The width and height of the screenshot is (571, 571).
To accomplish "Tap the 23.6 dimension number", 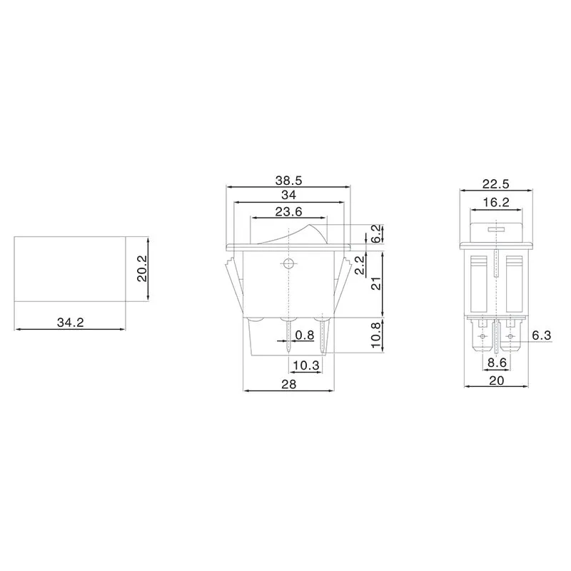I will (x=288, y=211).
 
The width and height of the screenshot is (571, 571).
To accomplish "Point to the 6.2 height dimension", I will (x=375, y=233).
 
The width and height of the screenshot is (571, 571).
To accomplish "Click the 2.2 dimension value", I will (x=362, y=266).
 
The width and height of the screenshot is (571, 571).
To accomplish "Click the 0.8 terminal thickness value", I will (x=305, y=335).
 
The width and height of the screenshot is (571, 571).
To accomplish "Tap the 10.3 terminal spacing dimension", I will (x=305, y=365).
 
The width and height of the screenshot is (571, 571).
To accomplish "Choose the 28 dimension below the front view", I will (x=288, y=383).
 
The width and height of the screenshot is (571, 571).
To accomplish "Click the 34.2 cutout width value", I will (x=70, y=323).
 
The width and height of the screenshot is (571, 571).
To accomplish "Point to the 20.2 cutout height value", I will (x=142, y=269).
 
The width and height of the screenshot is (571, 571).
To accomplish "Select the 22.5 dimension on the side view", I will (x=496, y=183).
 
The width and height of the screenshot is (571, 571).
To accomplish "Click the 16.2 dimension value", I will (x=495, y=203).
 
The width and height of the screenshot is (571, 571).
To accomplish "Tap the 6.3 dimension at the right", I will (x=541, y=335).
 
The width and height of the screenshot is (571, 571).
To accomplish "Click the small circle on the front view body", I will (x=288, y=264).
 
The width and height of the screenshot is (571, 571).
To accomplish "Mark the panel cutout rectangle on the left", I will (x=70, y=268).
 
